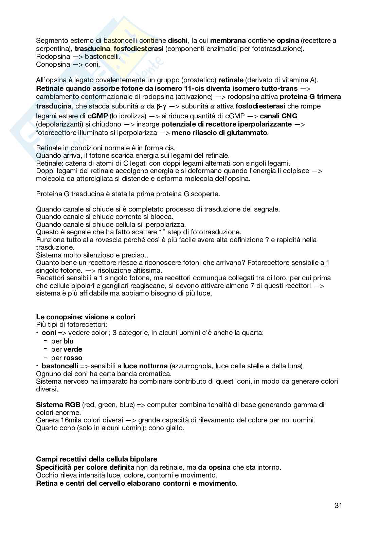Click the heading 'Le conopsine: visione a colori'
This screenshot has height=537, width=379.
pos(86,317)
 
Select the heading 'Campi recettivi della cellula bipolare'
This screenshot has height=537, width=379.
pos(96,459)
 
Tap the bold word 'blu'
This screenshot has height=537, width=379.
pos(69,341)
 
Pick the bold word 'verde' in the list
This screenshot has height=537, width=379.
pos(73,349)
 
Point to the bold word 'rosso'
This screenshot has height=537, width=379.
pos(73,358)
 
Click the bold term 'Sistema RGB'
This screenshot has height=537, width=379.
pos(58,405)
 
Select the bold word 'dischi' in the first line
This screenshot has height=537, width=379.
pos(178,41)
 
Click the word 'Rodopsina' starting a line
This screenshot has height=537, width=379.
pos(53,56)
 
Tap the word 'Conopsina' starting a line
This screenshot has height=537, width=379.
pos(53,64)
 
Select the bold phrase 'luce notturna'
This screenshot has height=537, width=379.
pos(145,366)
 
